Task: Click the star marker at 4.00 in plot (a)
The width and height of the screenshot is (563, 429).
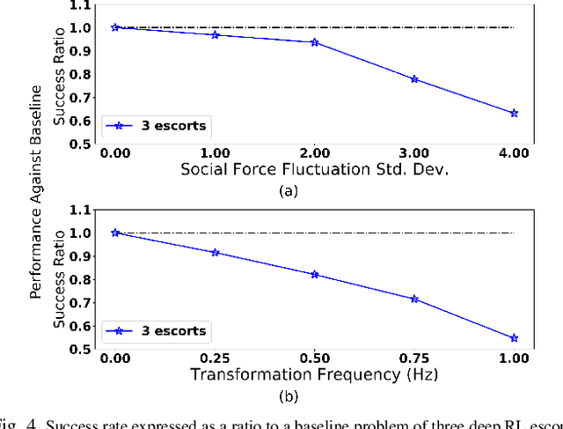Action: (514, 114)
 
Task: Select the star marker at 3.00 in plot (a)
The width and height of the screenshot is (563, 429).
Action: (414, 79)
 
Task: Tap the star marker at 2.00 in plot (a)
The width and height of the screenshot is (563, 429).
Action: (314, 42)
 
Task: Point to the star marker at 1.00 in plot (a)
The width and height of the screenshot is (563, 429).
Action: (215, 34)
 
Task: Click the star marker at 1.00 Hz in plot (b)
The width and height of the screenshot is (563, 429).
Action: (514, 338)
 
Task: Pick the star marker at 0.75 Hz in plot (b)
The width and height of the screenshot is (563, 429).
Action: (414, 299)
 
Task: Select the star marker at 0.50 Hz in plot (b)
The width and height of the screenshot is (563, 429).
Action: (314, 274)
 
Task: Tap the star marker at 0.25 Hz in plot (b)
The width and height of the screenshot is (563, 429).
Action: (215, 253)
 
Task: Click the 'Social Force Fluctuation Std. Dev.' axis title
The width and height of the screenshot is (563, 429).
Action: (314, 169)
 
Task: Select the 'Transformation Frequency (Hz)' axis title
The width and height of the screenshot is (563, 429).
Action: (314, 375)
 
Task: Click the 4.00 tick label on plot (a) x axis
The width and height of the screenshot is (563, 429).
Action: (514, 153)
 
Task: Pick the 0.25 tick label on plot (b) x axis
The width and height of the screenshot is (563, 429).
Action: (215, 359)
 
